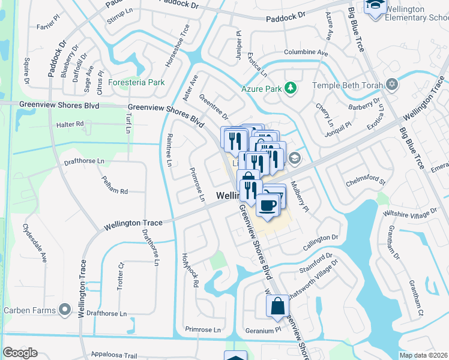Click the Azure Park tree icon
click(291, 88)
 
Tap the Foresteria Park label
click(136, 82)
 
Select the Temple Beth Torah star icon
click(393, 85)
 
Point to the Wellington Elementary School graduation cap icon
click(375, 7)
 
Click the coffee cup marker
click(267, 205)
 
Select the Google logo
click(20, 353)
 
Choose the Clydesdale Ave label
click(35, 243)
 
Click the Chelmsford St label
click(365, 181)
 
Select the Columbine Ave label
click(306, 53)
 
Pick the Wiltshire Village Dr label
click(412, 215)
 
